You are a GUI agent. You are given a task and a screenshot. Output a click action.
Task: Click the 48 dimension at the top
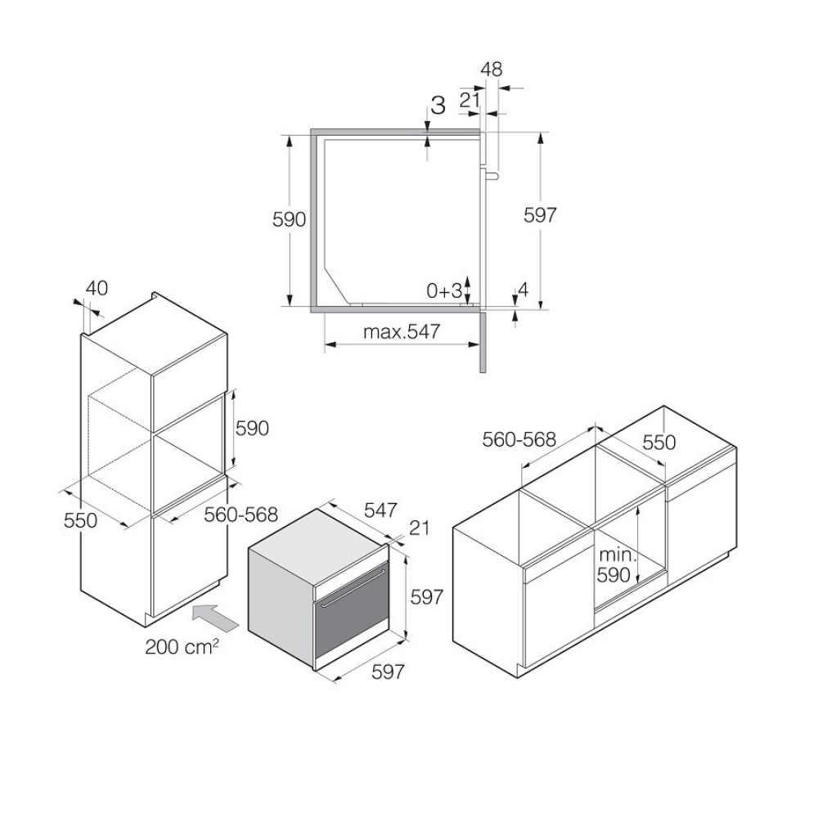492,70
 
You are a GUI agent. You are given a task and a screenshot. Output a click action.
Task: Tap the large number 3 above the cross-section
438,106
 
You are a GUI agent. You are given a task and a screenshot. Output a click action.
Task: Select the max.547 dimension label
402,331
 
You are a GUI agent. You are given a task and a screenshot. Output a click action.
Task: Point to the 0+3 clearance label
444,291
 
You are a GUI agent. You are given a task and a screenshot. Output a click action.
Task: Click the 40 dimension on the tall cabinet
97,288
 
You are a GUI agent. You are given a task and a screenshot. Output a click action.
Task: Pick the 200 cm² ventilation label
182,647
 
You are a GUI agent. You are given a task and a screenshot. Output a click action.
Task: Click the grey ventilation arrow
214,616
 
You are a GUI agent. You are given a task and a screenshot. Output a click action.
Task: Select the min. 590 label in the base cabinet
617,565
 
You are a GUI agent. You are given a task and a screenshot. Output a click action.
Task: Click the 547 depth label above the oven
381,510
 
